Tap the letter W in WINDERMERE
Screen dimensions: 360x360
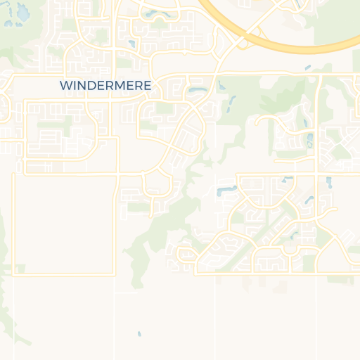point(65,85)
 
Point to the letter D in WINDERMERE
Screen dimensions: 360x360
point(92,85)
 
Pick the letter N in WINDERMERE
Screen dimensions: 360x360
point(82,85)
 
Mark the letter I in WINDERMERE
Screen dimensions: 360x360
point(74,85)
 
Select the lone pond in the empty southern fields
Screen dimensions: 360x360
point(139,333)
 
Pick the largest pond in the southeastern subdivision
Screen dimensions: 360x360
point(226,191)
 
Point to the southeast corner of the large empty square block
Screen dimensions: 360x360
point(115,274)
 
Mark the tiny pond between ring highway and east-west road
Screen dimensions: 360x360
point(307,67)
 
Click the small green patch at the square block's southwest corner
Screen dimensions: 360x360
point(20,269)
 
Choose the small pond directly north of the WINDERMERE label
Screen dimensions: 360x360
point(131,44)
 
